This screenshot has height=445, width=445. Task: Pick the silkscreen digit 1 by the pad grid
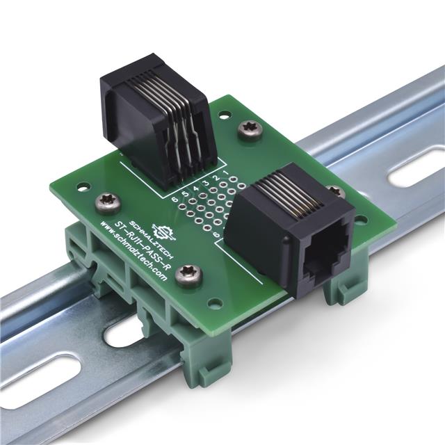[x=225, y=172]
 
